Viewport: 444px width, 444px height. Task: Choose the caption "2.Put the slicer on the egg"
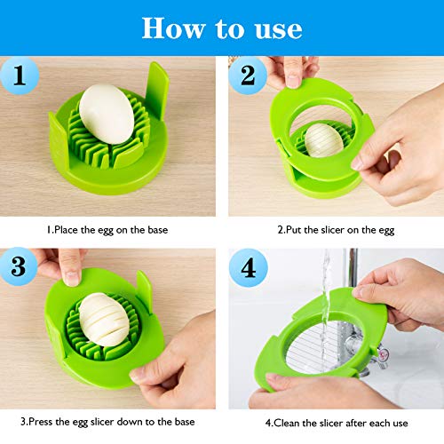335,230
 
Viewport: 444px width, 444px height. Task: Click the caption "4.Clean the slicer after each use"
335,420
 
